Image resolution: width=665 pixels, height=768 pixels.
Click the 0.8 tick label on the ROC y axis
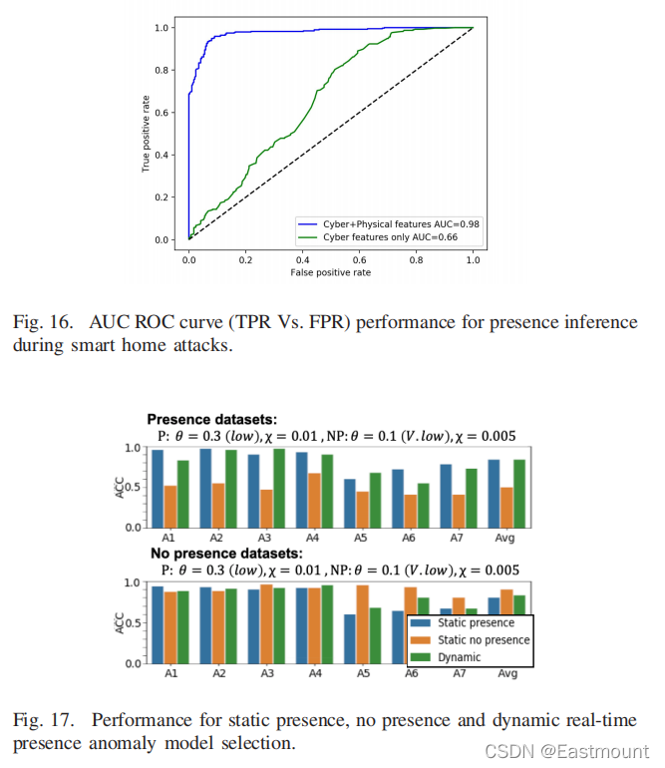[162, 71]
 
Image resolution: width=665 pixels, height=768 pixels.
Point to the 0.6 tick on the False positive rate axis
[360, 260]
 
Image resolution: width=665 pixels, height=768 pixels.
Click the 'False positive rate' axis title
[331, 273]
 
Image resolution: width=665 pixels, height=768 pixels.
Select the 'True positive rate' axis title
[146, 134]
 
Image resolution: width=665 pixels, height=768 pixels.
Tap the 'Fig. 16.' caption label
[43, 323]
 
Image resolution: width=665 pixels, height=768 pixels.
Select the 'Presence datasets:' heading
[212, 420]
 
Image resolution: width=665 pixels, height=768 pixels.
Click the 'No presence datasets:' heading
[226, 554]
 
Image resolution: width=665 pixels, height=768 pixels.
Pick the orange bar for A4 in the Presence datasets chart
[314, 501]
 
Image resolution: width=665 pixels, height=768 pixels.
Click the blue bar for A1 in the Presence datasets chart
[158, 489]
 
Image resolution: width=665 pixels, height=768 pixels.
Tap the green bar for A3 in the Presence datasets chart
[279, 489]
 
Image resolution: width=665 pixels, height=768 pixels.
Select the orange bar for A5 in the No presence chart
[362, 624]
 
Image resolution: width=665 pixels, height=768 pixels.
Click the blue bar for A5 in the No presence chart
[350, 639]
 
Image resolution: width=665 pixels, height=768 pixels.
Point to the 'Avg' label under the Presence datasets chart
[504, 538]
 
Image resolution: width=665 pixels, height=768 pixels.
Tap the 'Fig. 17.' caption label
[43, 720]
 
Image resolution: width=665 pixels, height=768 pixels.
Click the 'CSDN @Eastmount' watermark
[566, 751]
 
